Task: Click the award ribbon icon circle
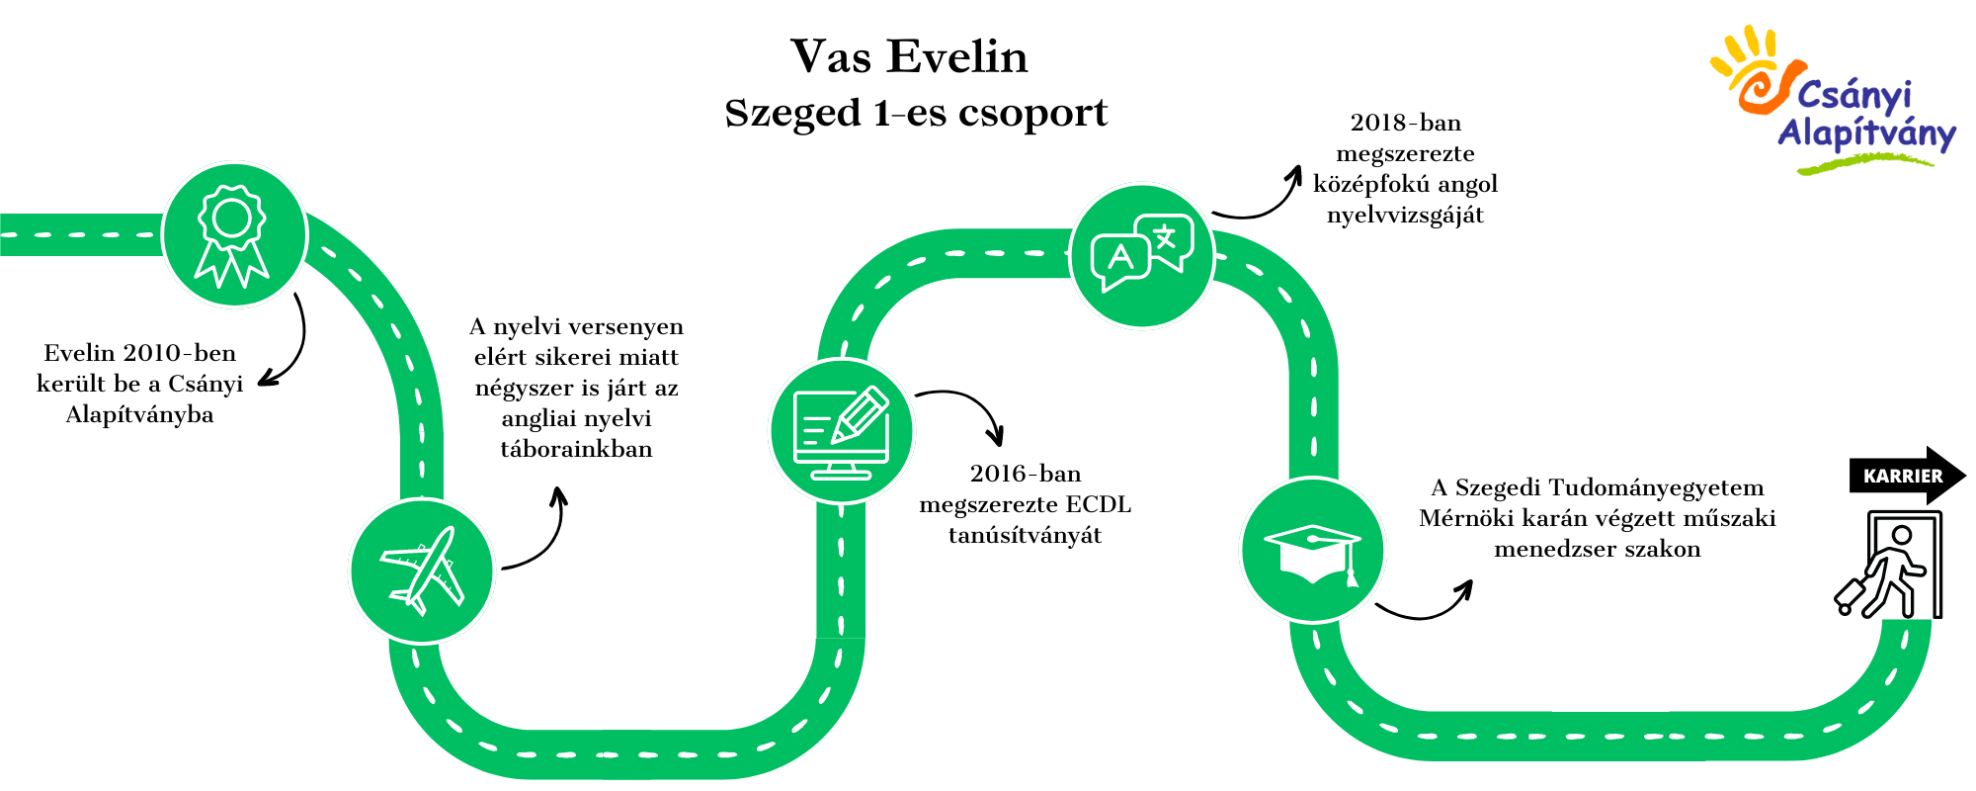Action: (x=234, y=235)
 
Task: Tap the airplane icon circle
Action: (x=422, y=571)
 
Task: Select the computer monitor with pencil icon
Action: (x=842, y=431)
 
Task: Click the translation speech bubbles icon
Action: (x=1142, y=255)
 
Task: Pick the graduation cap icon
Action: (x=1313, y=550)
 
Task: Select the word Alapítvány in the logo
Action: (x=1866, y=133)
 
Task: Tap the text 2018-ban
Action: (x=1406, y=123)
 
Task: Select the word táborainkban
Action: (x=577, y=449)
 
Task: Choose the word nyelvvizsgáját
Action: (x=1406, y=216)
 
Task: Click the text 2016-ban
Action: (x=1026, y=474)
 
